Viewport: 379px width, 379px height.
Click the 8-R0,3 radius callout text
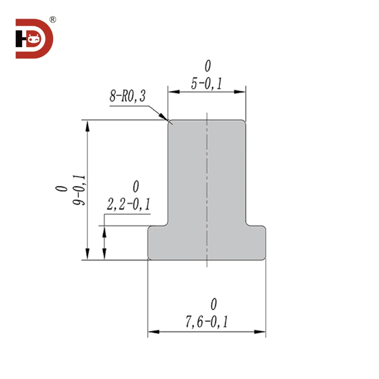pos(127,96)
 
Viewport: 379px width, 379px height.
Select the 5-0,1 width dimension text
pos(207,84)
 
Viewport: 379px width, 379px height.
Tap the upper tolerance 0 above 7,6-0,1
pos(214,304)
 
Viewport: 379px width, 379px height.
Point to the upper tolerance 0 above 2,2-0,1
pos(135,186)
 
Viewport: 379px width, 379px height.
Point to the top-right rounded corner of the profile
pos(244,122)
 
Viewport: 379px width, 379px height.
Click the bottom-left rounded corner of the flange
pos(150,258)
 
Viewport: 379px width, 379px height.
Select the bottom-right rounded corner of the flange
pos(264,258)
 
